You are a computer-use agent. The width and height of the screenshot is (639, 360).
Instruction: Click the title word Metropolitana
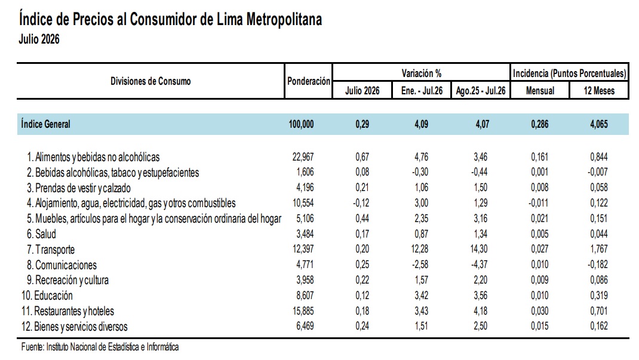tap(284, 20)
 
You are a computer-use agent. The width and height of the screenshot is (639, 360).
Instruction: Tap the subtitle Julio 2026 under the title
tap(39, 39)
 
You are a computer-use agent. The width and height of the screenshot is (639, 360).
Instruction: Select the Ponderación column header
tap(309, 81)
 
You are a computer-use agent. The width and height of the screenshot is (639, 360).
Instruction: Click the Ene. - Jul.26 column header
tap(422, 90)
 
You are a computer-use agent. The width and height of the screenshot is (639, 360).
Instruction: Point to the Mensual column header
tap(540, 90)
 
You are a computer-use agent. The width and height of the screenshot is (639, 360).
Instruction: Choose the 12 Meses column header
tap(599, 90)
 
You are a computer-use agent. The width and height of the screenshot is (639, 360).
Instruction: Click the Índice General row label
tap(45, 124)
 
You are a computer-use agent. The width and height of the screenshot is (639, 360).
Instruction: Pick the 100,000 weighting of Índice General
tap(301, 124)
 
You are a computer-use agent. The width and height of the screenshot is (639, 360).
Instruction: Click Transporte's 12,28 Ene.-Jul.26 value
tap(422, 249)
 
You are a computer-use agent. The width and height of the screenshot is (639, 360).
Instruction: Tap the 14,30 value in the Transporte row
tap(481, 249)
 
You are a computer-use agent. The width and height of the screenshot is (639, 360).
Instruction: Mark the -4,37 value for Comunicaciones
tap(479, 264)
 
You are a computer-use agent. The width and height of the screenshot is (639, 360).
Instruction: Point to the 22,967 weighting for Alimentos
tap(303, 157)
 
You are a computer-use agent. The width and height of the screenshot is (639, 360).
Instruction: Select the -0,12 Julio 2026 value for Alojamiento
tap(361, 203)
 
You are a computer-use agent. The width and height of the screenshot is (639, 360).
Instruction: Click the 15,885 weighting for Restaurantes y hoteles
tap(303, 310)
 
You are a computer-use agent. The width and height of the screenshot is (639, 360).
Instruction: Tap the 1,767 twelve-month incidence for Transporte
tap(598, 249)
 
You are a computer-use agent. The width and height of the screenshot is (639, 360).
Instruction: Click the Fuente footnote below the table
tap(100, 347)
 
